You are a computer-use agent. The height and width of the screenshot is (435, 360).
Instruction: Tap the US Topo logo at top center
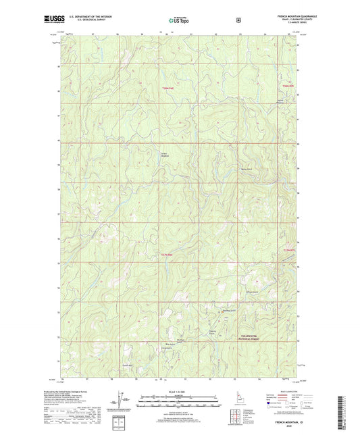coord(179,20)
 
